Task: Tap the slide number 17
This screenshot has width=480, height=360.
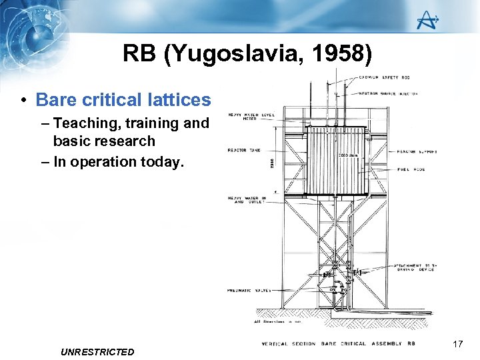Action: pos(457,344)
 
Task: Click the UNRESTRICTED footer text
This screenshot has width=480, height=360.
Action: pos(97,352)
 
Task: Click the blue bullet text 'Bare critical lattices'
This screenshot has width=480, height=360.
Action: pos(123,100)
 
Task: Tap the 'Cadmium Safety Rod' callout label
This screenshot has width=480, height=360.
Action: pos(388,78)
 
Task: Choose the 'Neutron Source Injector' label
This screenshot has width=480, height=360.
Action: pos(388,93)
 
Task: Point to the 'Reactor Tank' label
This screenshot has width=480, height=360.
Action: pos(246,151)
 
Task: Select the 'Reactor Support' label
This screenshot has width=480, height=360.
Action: pos(417,151)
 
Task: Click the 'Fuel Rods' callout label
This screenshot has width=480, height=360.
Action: pos(411,169)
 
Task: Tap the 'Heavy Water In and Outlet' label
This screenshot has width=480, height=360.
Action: pos(247,200)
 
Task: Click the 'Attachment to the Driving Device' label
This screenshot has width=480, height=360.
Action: pos(415,268)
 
